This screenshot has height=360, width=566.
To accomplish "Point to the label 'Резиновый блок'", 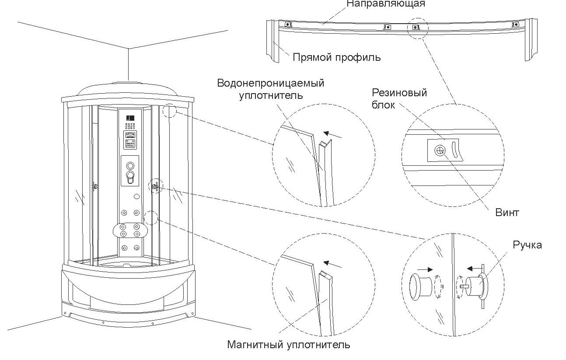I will click(x=399, y=98).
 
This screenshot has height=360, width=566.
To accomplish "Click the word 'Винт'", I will click(x=507, y=213).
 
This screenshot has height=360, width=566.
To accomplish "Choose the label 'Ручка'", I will click(x=527, y=245).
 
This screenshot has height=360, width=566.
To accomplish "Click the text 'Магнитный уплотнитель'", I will click(x=289, y=345).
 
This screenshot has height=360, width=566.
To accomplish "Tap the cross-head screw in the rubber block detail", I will click(x=440, y=150).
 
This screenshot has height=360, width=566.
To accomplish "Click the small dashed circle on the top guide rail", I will click(x=417, y=28).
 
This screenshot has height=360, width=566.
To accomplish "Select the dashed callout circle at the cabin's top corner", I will click(x=169, y=111).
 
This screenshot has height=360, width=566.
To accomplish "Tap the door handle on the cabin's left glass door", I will click(x=94, y=186).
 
